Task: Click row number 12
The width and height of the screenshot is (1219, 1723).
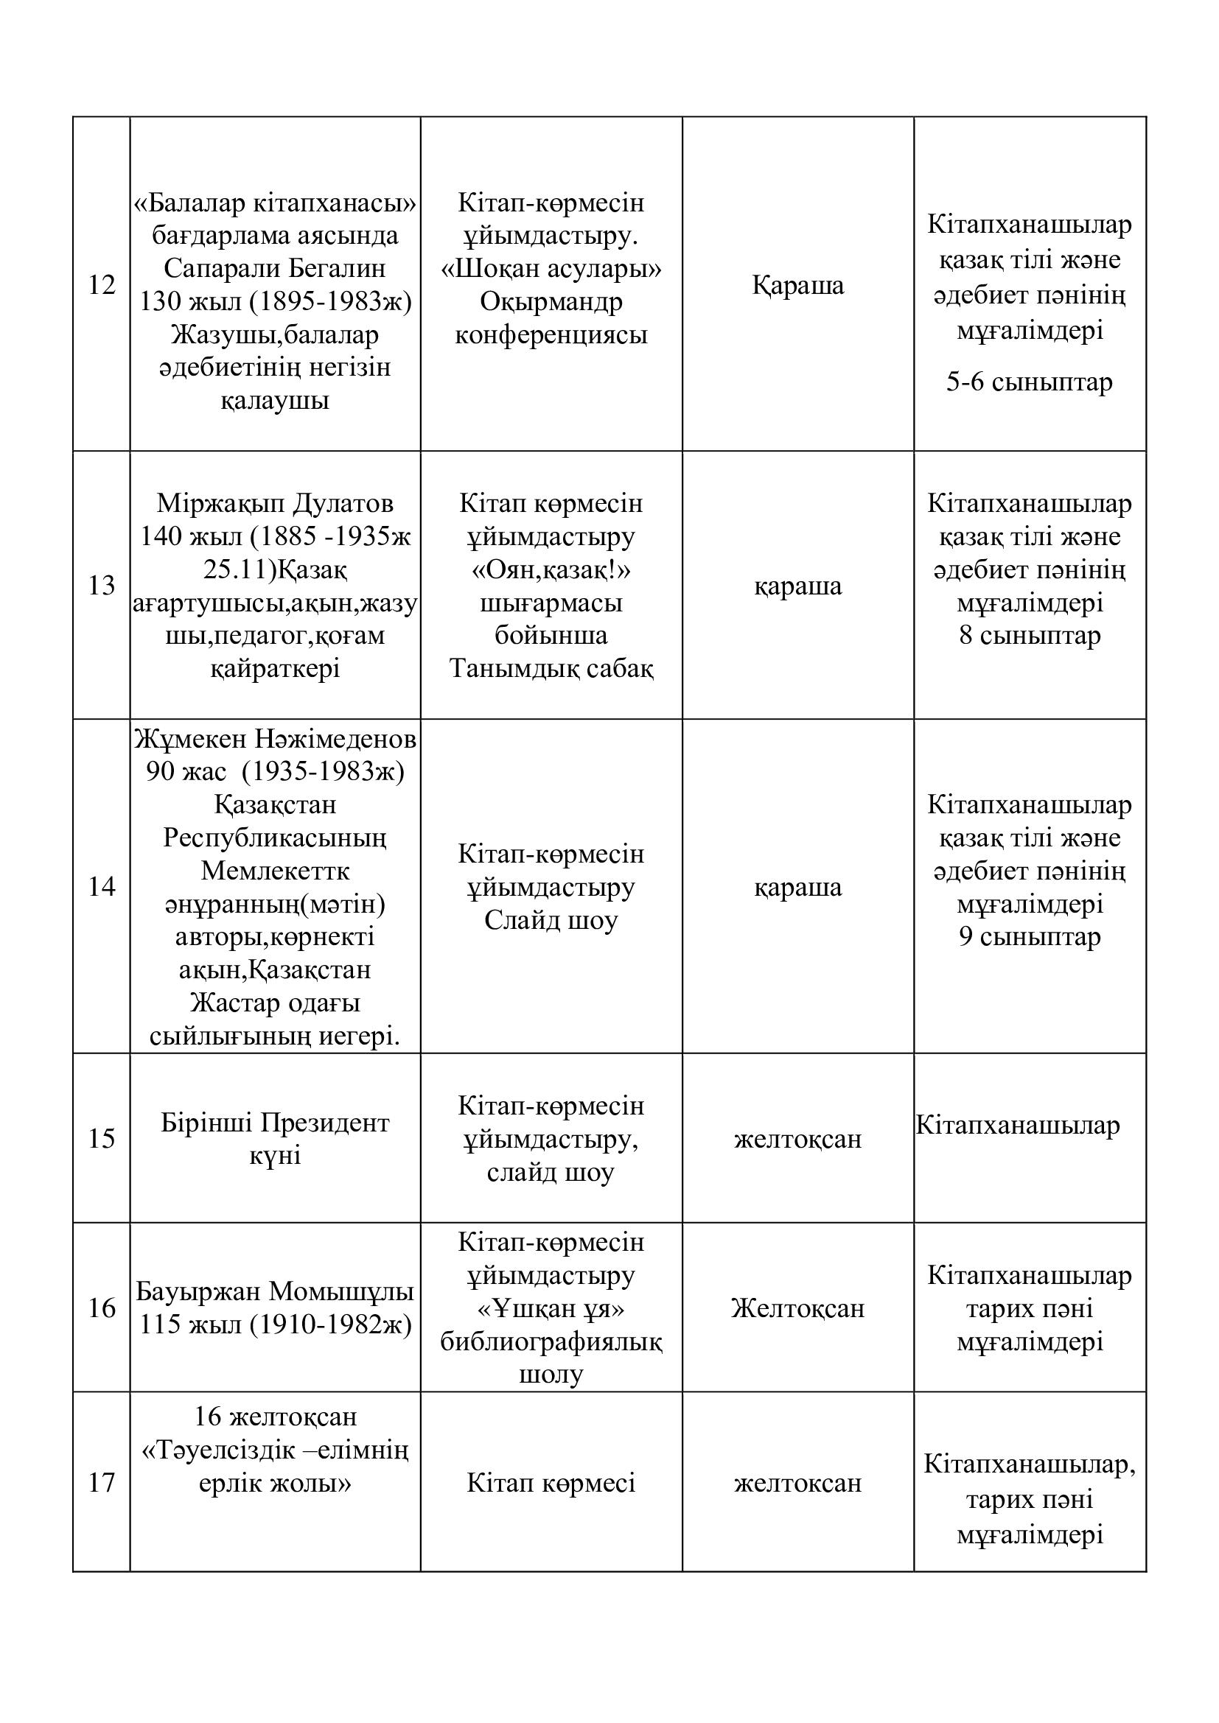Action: tap(101, 285)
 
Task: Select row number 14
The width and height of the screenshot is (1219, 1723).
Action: tap(101, 887)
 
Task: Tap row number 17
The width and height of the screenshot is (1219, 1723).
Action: tap(101, 1482)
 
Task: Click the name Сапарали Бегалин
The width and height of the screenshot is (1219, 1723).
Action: tap(275, 268)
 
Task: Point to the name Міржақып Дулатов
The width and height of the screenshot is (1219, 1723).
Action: tap(275, 504)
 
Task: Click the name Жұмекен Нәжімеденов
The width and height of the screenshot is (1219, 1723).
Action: tap(275, 740)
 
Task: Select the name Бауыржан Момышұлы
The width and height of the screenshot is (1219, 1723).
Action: tap(275, 1291)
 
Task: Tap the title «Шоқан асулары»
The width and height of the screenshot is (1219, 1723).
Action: tap(551, 269)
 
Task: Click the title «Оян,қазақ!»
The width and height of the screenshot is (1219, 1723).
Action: tap(551, 570)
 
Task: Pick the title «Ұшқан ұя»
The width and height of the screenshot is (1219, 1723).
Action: tap(551, 1309)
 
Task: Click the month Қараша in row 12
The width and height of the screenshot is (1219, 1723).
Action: tap(798, 285)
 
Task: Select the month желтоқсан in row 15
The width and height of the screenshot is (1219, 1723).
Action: tap(798, 1139)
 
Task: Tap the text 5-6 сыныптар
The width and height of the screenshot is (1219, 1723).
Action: tap(1029, 383)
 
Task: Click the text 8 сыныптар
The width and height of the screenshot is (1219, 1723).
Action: tap(1029, 636)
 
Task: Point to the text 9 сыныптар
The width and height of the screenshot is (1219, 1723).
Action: tap(1029, 936)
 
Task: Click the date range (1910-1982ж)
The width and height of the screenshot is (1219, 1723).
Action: tap(331, 1324)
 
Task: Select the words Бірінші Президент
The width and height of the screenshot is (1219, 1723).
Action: tap(275, 1123)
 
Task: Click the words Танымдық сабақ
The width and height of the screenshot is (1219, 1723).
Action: tap(551, 669)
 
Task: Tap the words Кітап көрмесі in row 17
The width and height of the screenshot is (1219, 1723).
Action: tap(551, 1483)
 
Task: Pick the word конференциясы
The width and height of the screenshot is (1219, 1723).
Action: tap(551, 334)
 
